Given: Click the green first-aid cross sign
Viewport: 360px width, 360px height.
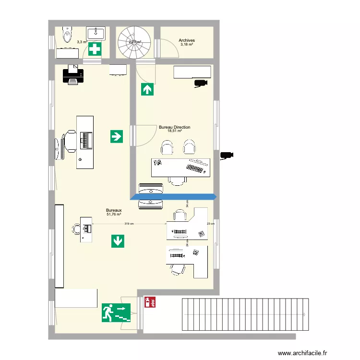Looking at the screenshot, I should click(95, 48).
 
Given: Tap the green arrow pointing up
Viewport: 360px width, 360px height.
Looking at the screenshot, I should click(147, 89).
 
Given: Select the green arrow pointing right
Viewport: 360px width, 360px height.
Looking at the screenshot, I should click(116, 136).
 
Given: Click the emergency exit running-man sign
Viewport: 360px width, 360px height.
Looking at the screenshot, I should click(117, 312).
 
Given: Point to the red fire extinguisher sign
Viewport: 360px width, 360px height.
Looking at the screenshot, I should click(150, 302).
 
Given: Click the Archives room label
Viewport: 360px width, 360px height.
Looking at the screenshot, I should click(186, 41).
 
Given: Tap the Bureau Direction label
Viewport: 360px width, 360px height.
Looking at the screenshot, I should click(174, 127).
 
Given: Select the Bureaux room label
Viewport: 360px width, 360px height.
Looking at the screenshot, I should click(114, 210).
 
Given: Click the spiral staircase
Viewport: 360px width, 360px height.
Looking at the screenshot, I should click(134, 41).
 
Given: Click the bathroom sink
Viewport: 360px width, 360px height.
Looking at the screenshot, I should click(96, 32).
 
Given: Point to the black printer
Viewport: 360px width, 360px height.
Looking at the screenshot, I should click(73, 75).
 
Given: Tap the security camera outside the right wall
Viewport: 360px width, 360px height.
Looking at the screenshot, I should click(227, 155).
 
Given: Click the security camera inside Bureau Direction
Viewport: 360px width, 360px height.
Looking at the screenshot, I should click(201, 84).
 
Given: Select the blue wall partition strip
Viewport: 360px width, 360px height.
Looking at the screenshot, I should click(174, 196).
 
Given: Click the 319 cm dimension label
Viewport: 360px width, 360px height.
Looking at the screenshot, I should click(129, 224).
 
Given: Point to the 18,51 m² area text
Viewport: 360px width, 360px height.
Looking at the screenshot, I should click(174, 131).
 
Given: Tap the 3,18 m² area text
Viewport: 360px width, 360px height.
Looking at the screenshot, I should click(186, 45).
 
